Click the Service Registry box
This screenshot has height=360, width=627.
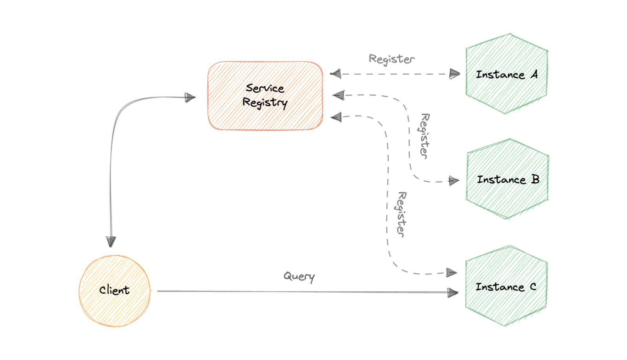pos(265,96)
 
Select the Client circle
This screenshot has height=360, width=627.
pos(114,291)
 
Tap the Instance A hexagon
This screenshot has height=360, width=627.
pos(507,74)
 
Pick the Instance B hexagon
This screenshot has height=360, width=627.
pos(507,179)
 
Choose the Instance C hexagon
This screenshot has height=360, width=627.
pos(506,286)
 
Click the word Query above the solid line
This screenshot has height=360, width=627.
pos(299,276)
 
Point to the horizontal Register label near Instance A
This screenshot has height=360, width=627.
pos(391,59)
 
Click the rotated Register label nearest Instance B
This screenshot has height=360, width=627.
pos(425,136)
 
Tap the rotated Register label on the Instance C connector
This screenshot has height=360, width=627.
pos(401,214)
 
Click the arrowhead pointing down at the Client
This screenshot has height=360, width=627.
pos(111,242)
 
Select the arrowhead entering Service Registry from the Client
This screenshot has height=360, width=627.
pos(190,97)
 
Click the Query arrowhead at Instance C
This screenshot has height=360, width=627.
pos(453,292)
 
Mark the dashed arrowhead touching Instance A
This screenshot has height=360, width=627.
pos(454,74)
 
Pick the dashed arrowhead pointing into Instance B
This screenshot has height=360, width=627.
pos(454,181)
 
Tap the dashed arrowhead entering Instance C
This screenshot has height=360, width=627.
pos(452,273)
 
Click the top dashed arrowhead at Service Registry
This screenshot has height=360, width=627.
pos(335,74)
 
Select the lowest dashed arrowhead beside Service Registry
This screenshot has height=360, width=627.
pos(336,117)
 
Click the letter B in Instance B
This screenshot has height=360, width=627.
pos(535,179)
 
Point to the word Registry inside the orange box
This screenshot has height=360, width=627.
pos(265,103)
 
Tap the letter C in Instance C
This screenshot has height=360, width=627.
pos(533,287)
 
